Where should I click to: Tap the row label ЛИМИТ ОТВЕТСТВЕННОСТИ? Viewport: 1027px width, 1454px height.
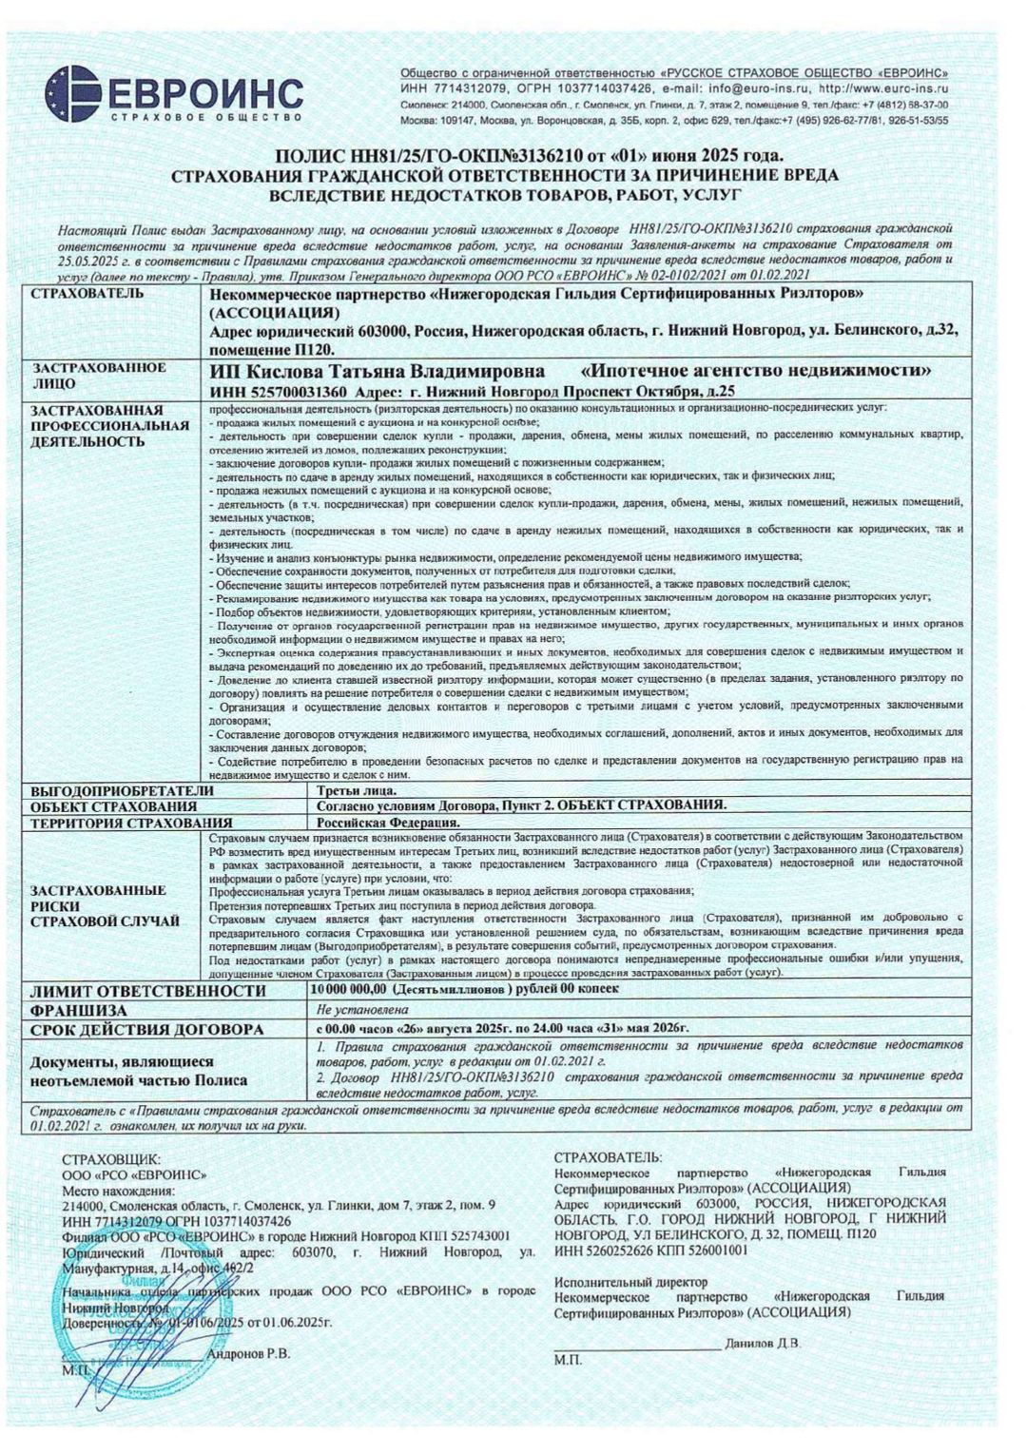(148, 990)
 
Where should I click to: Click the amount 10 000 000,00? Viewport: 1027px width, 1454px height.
(351, 990)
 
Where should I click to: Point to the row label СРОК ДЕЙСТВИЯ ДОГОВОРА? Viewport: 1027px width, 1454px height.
(146, 1029)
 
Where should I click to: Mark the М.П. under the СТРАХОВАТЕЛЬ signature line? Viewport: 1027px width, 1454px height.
(567, 1362)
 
